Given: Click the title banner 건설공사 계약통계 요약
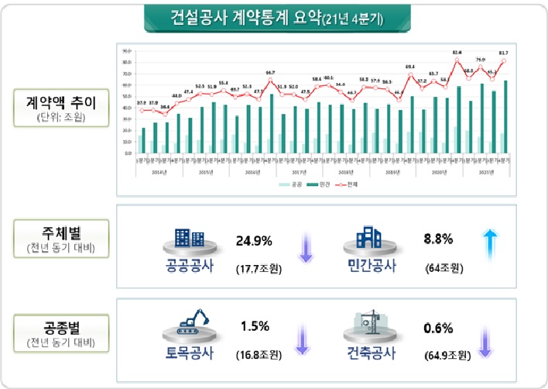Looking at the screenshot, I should tap(273, 17).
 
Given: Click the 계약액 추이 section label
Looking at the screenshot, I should tap(61, 103).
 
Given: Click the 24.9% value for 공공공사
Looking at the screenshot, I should tap(254, 241).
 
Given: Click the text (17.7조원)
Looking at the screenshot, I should tap(259, 269).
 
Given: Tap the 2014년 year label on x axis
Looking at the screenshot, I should tap(158, 173).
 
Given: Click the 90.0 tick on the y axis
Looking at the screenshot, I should tap(126, 50).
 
